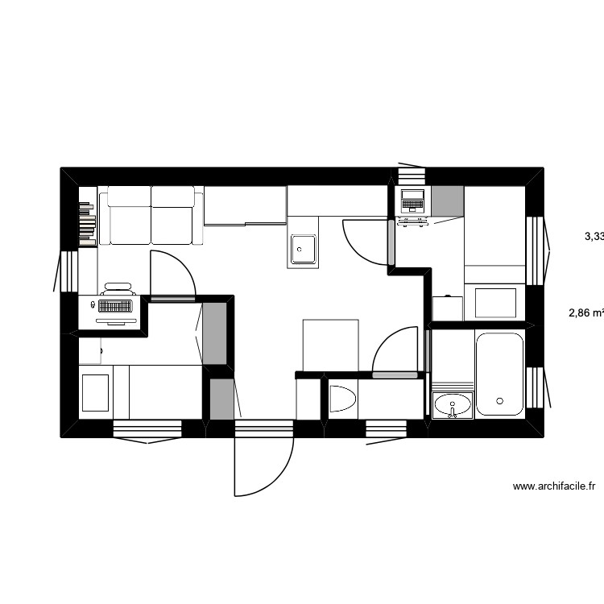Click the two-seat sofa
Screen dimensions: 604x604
tap(151, 216)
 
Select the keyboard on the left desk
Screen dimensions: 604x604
tap(114, 307)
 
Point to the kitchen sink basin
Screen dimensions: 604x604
tap(303, 249)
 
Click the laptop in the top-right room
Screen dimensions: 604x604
tap(412, 201)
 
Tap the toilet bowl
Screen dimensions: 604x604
tap(342, 399)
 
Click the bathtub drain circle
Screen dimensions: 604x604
tap(500, 400)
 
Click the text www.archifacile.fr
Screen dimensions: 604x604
tap(553, 486)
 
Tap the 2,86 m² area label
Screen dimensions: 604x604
tap(585, 314)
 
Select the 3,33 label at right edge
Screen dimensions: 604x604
tap(594, 237)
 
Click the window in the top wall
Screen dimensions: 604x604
tap(411, 175)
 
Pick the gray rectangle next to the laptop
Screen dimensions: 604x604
tap(448, 201)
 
